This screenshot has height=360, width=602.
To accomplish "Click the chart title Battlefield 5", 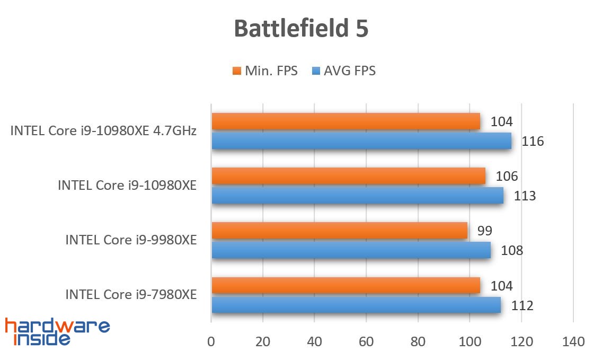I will pos(300,29).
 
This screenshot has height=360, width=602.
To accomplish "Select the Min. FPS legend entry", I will pos(264,71).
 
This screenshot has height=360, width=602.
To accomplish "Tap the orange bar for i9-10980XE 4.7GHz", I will pos(346,121).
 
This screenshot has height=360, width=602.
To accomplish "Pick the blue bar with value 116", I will pos(361,141).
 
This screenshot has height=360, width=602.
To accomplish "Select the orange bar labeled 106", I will pos(348,176).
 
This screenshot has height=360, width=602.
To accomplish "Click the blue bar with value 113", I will pos(357,196).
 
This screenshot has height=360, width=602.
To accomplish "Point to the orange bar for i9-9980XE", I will pos(339,231).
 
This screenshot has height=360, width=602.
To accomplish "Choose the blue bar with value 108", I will pos(351,250).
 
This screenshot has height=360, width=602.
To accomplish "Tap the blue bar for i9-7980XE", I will pos(356,305).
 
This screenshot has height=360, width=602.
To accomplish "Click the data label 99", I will pos(484,231).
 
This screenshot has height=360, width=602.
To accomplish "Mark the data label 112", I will pos(522,305).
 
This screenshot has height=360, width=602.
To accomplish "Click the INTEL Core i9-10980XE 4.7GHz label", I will pos(103,131).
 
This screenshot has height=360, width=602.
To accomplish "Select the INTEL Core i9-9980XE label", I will pos(131,240).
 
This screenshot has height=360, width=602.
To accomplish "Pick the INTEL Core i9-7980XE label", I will pos(131,294).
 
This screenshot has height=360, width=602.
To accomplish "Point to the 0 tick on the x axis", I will pos(211,342).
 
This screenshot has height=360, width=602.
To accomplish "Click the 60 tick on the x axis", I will pos(366,342).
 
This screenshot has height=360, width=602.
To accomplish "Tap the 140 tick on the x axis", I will pos(573,342).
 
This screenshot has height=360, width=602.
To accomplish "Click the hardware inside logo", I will pos(57,332).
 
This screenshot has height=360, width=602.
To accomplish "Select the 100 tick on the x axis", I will pos(470,342).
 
